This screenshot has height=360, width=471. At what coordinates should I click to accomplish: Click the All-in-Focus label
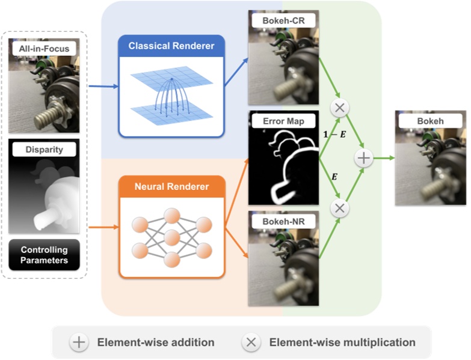pos(45,48)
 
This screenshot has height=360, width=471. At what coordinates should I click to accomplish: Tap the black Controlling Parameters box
pos(45,255)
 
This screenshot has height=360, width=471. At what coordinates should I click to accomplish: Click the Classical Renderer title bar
pos(171,46)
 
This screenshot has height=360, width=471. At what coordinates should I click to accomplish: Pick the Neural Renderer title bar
pos(171,186)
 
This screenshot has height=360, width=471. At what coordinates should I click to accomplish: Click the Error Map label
pos(282,121)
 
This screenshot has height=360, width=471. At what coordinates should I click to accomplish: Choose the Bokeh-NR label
pos(282,222)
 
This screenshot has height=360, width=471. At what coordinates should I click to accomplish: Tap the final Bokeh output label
pos(430,121)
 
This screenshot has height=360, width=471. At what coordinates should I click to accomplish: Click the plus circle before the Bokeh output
pos(364,159)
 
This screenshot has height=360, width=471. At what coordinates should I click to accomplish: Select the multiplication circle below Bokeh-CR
pos(340,109)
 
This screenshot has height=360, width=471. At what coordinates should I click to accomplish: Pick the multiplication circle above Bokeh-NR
pos(340,208)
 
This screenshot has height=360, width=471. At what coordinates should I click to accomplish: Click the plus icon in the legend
pos(79,342)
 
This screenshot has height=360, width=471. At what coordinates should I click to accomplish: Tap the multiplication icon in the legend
pos(251,342)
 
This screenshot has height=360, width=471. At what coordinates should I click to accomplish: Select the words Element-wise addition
pos(156,343)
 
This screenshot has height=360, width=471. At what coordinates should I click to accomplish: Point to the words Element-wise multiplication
pos(342,343)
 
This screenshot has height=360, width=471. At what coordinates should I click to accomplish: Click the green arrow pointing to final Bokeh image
pos(383,159)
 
